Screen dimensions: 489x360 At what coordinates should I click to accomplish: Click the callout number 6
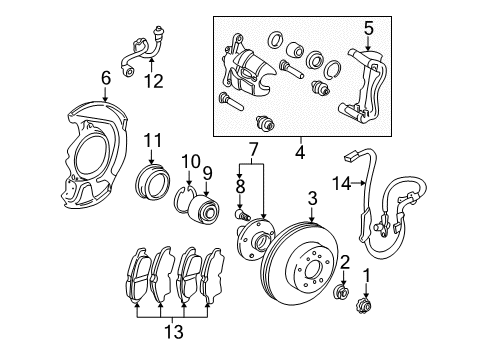coord(105,79)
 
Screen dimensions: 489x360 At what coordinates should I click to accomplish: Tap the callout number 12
coord(154,81)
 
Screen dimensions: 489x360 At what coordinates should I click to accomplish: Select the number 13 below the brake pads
coord(174,331)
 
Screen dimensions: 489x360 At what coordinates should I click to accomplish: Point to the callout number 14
coord(342,183)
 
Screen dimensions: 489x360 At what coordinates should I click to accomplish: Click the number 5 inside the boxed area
coord(369,28)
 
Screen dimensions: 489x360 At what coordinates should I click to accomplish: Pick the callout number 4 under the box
coord(300,153)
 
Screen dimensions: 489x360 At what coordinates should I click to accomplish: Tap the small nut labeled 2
coord(342,291)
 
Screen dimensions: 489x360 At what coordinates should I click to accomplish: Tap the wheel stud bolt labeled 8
coord(242,214)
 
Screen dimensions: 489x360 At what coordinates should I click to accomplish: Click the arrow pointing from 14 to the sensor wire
coord(359,183)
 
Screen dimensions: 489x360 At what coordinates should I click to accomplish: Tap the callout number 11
coord(152,140)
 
